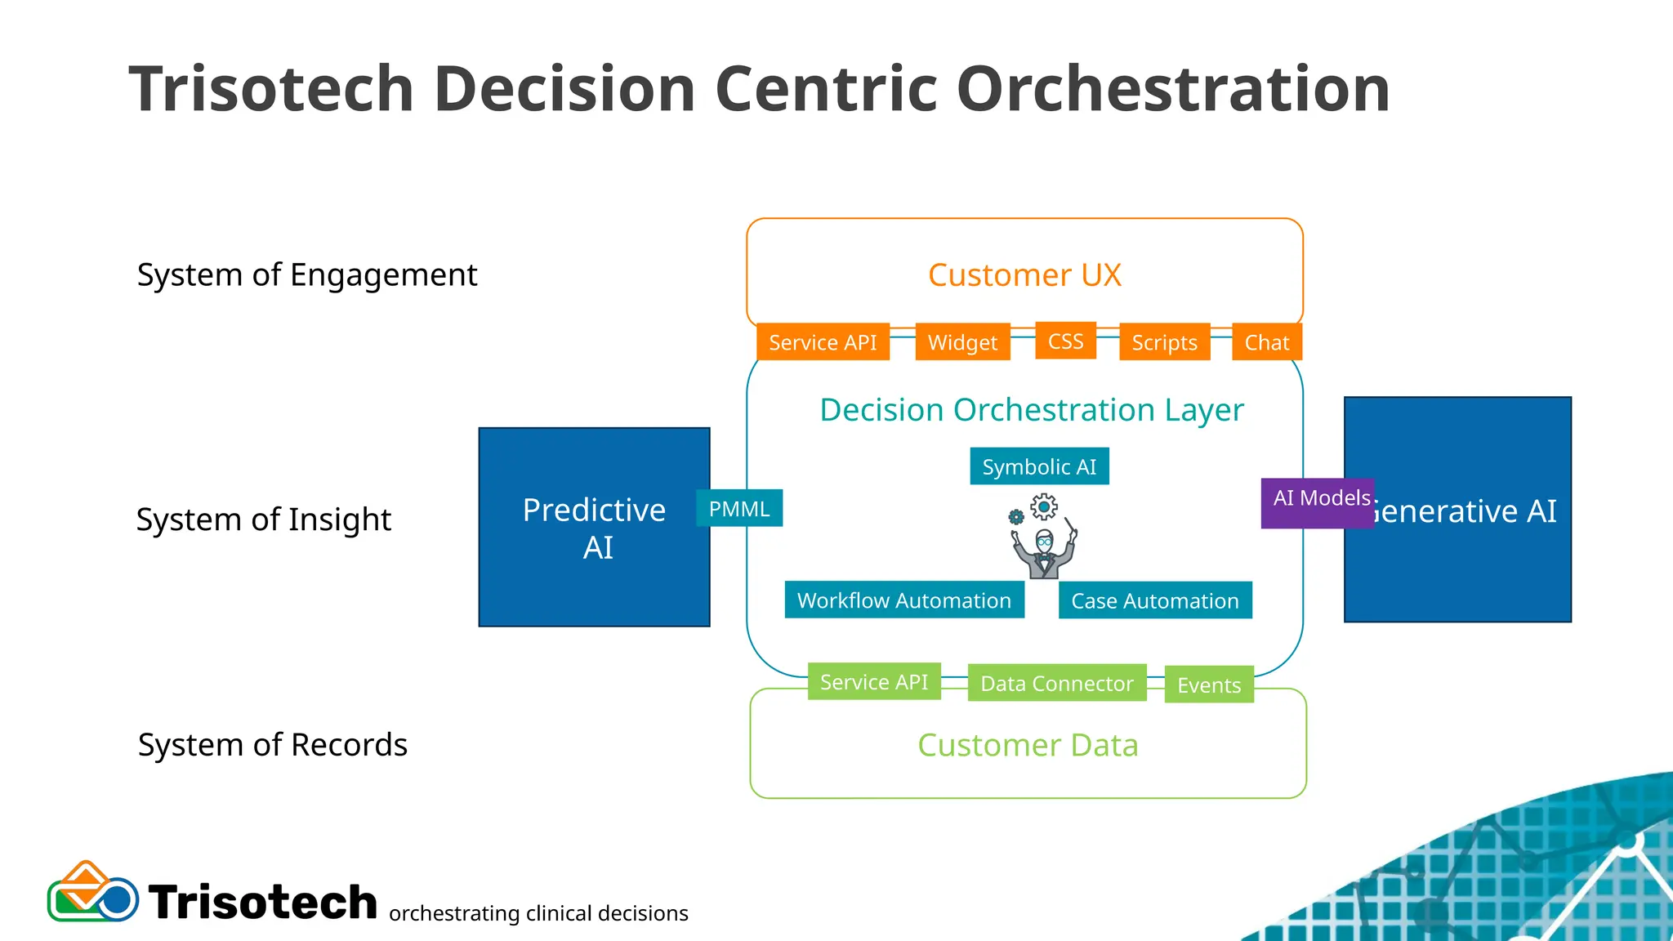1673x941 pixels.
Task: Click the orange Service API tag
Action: coord(823,342)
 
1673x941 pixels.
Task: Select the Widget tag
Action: coord(962,342)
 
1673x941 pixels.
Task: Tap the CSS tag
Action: coord(1065,341)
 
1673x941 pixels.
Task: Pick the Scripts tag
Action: coord(1164,342)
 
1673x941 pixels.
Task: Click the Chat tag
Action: coord(1266,342)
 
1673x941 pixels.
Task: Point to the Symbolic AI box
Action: coord(1039,466)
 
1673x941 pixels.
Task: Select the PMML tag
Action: coord(739,508)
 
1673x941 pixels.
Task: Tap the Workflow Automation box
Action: coord(904,600)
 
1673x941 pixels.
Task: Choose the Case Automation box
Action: coord(1155,600)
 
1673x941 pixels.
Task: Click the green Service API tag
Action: coord(874,681)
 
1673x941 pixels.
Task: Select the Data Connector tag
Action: coord(1057,683)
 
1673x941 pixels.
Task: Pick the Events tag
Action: coord(1209,685)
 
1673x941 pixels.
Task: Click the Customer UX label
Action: coord(1024,275)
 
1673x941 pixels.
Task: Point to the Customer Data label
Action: coord(1028,745)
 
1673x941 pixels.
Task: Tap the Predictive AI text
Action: coord(595,528)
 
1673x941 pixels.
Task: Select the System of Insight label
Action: coord(264,520)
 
